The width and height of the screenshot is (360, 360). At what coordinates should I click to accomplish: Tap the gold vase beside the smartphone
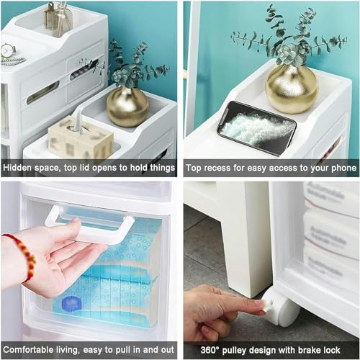pos(291,89)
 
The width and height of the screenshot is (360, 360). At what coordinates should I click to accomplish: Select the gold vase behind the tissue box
pos(127,106)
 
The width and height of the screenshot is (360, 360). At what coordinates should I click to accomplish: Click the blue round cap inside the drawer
pos(71,304)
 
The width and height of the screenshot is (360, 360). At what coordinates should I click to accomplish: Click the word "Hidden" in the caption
pos(18,168)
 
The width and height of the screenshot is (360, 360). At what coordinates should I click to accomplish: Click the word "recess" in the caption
pos(217,168)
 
